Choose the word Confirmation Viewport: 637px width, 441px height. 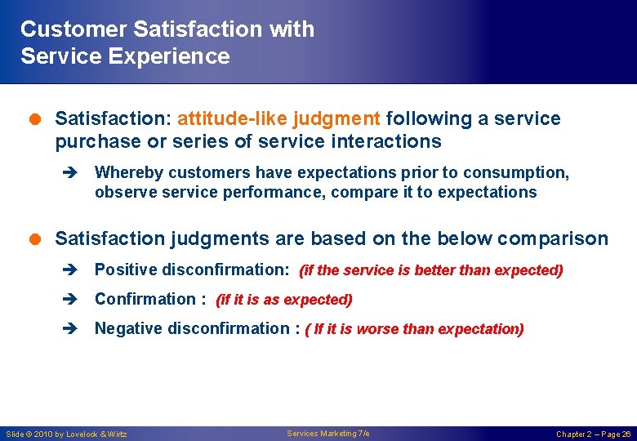tap(145, 299)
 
